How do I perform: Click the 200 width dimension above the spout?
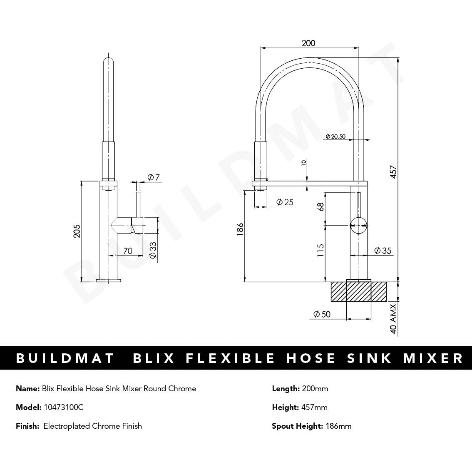(x=308, y=43)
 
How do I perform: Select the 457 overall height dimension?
(x=393, y=171)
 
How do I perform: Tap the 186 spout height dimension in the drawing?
(x=240, y=230)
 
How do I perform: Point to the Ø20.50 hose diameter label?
(x=335, y=136)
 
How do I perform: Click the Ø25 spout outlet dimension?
(x=285, y=202)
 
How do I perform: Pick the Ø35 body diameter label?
(x=383, y=251)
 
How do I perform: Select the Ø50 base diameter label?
(x=321, y=314)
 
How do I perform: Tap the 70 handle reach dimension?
(x=128, y=251)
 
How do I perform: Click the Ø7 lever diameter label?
(x=154, y=177)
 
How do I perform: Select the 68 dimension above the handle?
(x=321, y=206)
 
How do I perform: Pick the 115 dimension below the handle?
(x=321, y=250)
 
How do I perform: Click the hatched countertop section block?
(x=359, y=291)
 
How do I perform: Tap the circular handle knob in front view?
(x=358, y=225)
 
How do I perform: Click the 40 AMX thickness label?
(x=393, y=320)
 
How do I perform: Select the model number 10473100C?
(x=63, y=407)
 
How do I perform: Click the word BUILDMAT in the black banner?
(x=65, y=358)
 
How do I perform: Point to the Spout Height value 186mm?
(x=338, y=426)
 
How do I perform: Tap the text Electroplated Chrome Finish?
(x=92, y=426)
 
